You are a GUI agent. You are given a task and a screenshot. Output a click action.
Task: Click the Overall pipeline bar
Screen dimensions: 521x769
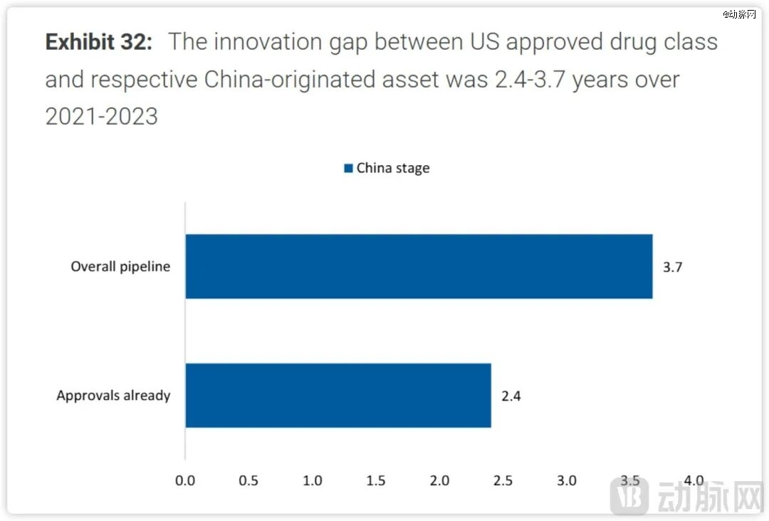(419, 266)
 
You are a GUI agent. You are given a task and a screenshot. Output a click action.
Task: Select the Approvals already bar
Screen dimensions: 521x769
(338, 395)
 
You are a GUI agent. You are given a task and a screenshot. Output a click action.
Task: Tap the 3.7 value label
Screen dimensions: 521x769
(673, 268)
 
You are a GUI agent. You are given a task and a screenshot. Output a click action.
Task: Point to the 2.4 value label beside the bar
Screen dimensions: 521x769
(511, 396)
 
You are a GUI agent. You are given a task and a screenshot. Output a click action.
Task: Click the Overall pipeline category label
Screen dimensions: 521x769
(120, 268)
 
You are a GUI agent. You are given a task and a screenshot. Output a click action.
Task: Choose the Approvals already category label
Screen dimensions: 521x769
(113, 396)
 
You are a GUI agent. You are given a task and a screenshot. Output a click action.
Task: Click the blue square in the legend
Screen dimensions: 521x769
(348, 169)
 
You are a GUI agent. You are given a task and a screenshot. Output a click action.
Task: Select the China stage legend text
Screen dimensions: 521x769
(393, 169)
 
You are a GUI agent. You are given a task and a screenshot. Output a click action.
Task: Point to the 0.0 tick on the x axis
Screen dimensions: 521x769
(185, 480)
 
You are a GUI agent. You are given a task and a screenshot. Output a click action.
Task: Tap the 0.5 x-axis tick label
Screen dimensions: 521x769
(249, 480)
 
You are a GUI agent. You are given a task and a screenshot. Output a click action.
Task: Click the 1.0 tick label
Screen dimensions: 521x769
(313, 480)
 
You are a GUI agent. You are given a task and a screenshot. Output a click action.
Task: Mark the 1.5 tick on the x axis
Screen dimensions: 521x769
(376, 480)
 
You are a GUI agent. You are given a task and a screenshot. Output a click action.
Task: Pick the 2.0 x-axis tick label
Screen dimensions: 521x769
(439, 480)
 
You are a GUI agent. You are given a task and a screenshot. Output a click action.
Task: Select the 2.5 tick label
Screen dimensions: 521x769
(503, 480)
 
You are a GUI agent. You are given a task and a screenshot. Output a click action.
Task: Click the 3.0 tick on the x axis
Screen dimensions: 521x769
(567, 480)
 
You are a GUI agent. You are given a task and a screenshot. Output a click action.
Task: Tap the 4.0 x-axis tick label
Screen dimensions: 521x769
(694, 480)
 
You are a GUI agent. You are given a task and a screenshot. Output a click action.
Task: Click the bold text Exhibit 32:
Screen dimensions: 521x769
(99, 42)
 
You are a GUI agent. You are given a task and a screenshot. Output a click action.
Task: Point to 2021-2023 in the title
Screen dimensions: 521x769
(102, 116)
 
